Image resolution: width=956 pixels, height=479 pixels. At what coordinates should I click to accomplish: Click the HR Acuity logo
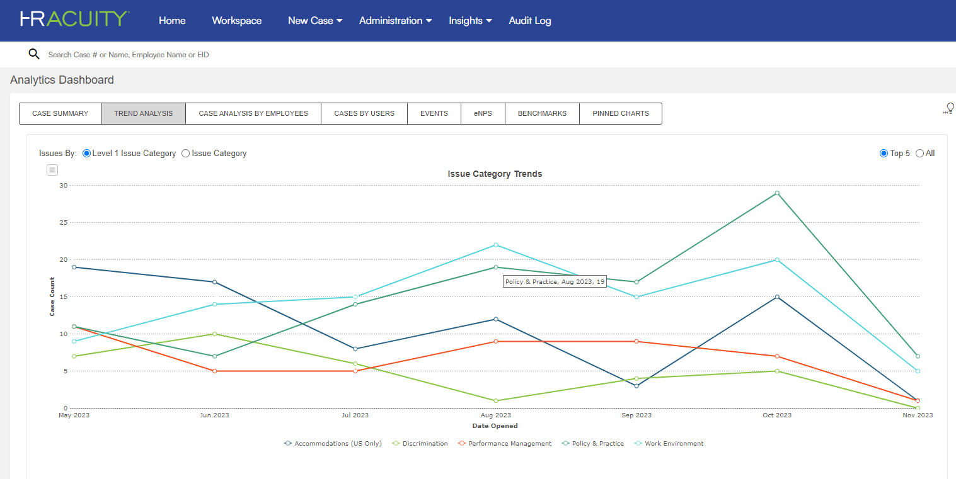coord(74,19)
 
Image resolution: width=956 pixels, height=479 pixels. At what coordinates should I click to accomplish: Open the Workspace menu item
coord(236,21)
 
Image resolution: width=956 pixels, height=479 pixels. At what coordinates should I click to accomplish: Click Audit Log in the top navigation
coord(529,21)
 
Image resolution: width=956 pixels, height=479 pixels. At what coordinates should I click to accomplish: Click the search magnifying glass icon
coord(34,54)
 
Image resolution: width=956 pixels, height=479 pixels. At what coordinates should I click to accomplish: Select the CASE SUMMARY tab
coord(60,114)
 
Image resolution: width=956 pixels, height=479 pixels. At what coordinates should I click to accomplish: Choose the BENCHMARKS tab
coord(542,114)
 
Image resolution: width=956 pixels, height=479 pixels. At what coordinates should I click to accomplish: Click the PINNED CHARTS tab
coord(620,114)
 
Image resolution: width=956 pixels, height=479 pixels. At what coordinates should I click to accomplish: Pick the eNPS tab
coord(483,114)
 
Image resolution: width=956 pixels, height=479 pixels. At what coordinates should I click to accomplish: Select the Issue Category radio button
coord(185,154)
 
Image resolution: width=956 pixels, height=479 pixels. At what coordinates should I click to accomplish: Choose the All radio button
coord(919,154)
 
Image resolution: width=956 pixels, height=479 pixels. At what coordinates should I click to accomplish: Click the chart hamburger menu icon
coord(52,170)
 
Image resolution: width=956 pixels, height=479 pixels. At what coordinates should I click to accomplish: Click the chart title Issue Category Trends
coord(495,174)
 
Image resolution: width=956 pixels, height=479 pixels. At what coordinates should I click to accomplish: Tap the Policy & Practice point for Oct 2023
coord(777,193)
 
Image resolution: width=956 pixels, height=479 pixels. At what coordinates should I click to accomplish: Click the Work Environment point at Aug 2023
coord(496,245)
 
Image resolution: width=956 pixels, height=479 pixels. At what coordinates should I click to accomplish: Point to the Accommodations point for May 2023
coord(74,268)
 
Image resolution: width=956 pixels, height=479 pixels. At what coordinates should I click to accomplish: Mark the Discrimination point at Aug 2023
coord(496,401)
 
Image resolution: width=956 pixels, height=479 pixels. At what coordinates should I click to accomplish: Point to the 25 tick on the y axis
coord(63,223)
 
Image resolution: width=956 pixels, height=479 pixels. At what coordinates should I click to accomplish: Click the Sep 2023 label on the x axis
coord(636,415)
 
